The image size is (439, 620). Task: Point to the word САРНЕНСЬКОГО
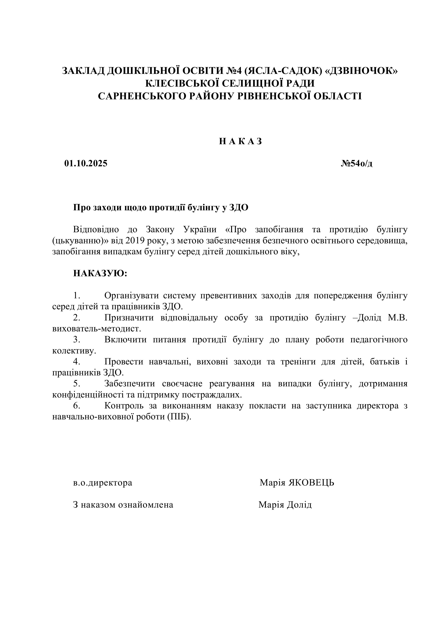pos(142,96)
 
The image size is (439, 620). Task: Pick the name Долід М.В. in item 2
pos(382,318)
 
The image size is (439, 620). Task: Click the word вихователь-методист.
pos(96,329)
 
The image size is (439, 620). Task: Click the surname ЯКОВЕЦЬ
pos(311,483)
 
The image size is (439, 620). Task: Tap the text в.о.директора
pos(103,483)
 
